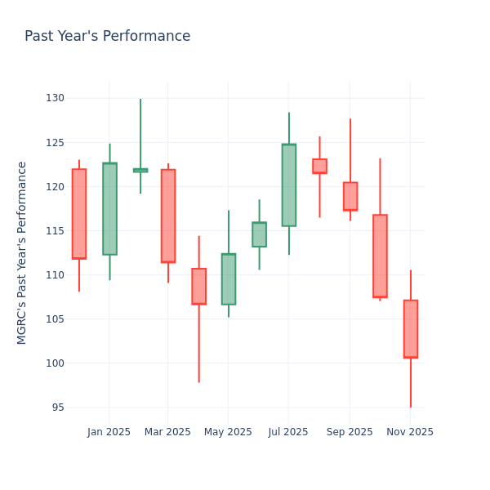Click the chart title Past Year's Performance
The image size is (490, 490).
(x=107, y=37)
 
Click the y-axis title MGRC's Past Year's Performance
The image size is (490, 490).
(x=22, y=252)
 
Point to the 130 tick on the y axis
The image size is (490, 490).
(x=55, y=98)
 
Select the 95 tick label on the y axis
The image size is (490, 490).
(x=57, y=408)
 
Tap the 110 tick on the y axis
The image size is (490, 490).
(x=55, y=275)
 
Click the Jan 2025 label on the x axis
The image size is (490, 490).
(x=109, y=432)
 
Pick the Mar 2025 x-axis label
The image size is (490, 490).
(x=167, y=432)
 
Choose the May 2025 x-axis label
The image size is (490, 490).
(x=228, y=432)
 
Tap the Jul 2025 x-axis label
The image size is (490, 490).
(x=287, y=432)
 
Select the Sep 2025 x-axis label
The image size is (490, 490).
(x=350, y=432)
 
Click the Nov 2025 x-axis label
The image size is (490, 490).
(x=410, y=432)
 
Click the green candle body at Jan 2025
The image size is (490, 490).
(x=109, y=208)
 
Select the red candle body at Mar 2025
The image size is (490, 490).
(x=168, y=216)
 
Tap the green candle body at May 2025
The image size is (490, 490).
(x=229, y=278)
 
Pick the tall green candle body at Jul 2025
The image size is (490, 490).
(x=289, y=185)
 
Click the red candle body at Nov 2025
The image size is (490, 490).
(x=411, y=328)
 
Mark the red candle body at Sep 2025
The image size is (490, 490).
(x=350, y=196)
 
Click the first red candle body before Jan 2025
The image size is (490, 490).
(x=79, y=214)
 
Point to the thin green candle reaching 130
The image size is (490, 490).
(x=140, y=170)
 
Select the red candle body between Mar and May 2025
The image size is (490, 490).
(x=198, y=286)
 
